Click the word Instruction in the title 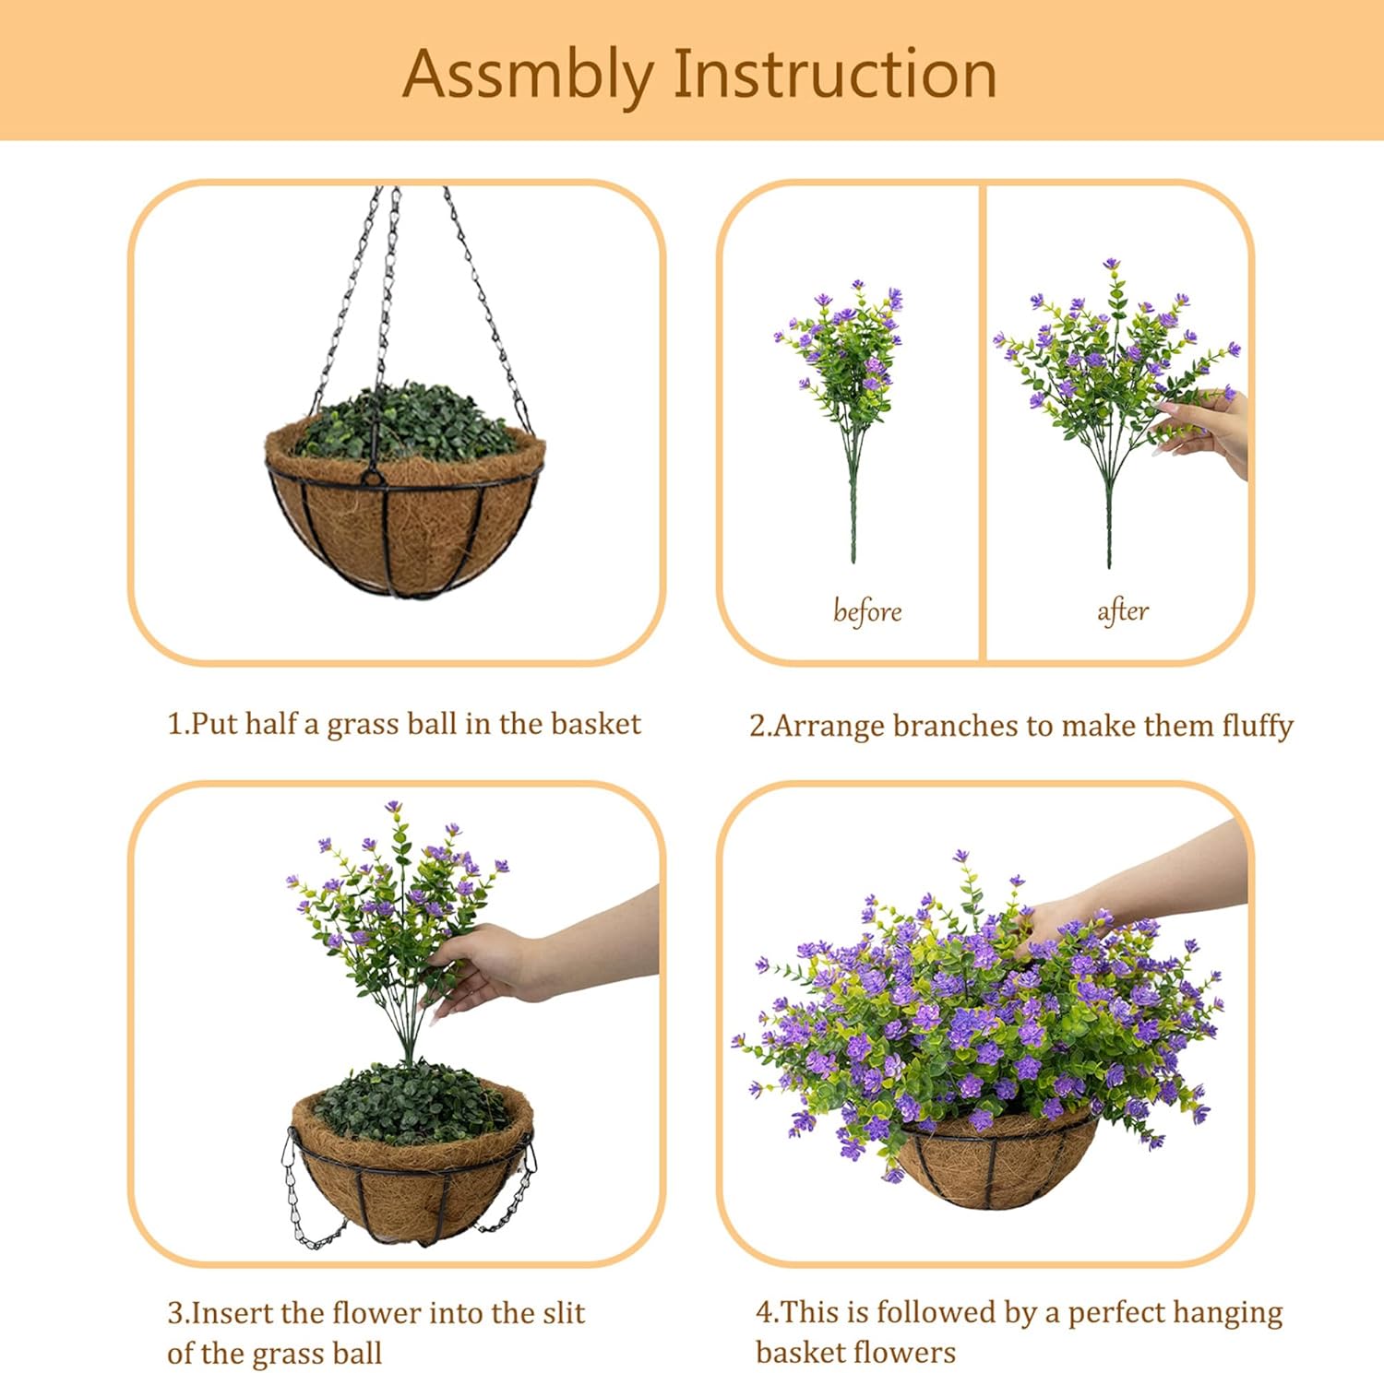tap(835, 74)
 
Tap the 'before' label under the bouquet tap(866, 611)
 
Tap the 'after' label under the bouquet tap(1122, 610)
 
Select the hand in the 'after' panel tap(1209, 428)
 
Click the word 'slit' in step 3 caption tap(564, 1312)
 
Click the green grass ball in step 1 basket tap(406, 424)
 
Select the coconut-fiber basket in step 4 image tap(996, 1166)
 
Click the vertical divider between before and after tap(983, 422)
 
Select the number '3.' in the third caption tap(177, 1312)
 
